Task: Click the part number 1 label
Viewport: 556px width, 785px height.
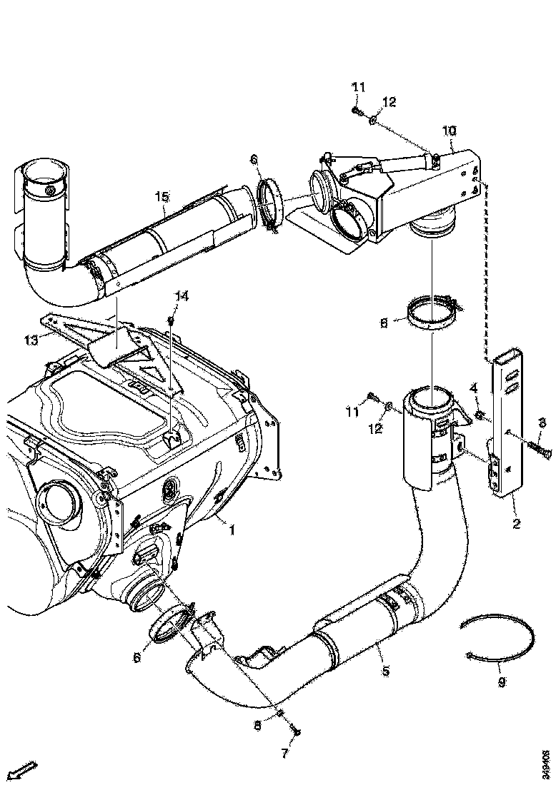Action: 232,530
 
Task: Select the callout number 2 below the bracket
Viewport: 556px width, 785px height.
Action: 516,524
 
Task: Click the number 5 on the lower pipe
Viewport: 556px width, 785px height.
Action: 385,671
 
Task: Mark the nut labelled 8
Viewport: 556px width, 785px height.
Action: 281,714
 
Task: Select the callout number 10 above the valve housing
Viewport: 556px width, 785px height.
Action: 449,131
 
